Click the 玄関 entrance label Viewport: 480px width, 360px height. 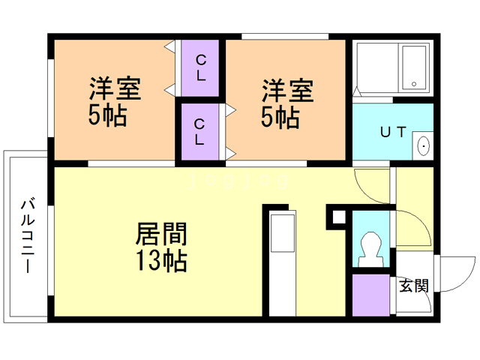point(413,285)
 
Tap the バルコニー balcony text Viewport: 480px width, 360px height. point(28,235)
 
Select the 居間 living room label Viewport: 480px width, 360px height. point(160,234)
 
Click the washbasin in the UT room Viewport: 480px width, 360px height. point(422,145)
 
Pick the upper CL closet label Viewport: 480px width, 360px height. point(200,67)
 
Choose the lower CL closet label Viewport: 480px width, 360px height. point(200,131)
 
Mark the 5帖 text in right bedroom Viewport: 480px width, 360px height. point(281,118)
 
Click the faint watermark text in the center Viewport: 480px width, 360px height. point(240,181)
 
